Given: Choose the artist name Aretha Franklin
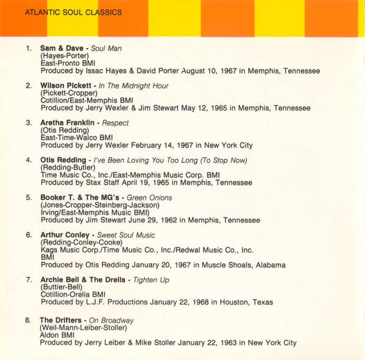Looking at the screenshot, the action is coord(67,122).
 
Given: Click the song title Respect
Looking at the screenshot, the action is coord(115,122).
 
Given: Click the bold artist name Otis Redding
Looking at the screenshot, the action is coord(63,160).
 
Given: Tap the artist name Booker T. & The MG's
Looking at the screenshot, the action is coord(79,197).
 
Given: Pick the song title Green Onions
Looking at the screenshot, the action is coord(149,197).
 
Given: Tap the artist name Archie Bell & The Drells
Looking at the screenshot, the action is coord(82,280).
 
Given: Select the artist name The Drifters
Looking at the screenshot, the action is coord(60,320).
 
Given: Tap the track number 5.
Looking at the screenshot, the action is coord(28,197).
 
